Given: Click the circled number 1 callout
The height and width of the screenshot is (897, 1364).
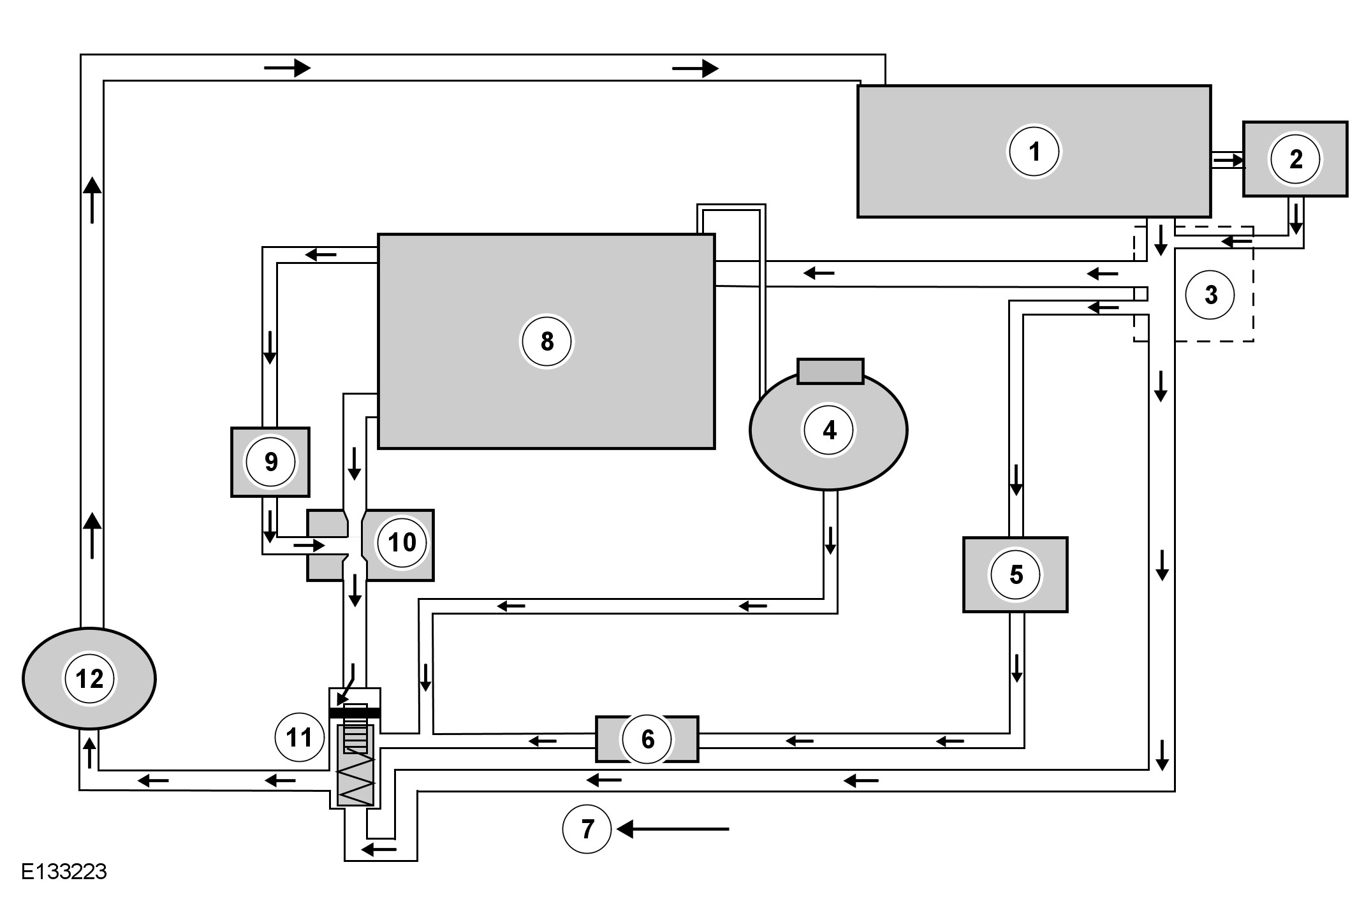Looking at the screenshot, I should pyautogui.click(x=1034, y=152).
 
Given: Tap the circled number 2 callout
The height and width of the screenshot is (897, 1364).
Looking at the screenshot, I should pyautogui.click(x=1295, y=159).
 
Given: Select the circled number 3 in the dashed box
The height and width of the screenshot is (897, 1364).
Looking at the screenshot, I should pyautogui.click(x=1210, y=295).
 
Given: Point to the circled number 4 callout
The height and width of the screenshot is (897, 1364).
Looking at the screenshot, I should pyautogui.click(x=828, y=431).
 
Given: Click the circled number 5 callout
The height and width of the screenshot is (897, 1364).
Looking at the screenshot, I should pyautogui.click(x=1015, y=574).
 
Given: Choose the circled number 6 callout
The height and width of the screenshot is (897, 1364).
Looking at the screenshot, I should pyautogui.click(x=647, y=739).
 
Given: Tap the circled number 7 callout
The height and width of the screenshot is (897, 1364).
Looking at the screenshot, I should pyautogui.click(x=587, y=829).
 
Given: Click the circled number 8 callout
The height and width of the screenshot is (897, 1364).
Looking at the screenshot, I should pyautogui.click(x=546, y=342).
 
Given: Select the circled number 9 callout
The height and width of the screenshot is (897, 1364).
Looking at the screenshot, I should pyautogui.click(x=270, y=462).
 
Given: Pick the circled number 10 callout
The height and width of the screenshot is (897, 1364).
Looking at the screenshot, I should pyautogui.click(x=402, y=543).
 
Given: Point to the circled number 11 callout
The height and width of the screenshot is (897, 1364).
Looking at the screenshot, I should pyautogui.click(x=298, y=738).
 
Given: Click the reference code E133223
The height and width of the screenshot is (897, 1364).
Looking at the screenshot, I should pyautogui.click(x=64, y=871).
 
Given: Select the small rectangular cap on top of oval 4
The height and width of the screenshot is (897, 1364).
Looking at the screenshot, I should pyautogui.click(x=830, y=371).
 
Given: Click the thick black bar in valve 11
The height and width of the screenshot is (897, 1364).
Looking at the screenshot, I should pyautogui.click(x=355, y=713).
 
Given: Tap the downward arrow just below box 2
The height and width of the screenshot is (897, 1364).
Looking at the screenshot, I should pyautogui.click(x=1295, y=220).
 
